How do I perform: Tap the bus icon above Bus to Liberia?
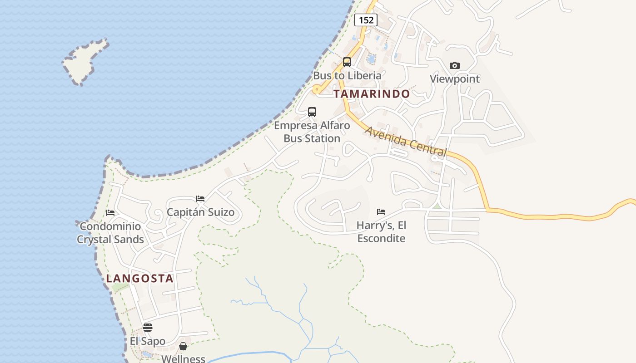[347, 62]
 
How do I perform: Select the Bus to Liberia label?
[347, 75]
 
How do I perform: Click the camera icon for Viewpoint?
[454, 66]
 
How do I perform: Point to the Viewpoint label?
[455, 78]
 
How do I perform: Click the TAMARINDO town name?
[372, 94]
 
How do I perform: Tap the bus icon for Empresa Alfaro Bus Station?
[312, 112]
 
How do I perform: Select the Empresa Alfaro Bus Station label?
[312, 132]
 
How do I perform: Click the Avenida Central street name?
[406, 141]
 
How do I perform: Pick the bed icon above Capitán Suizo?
[200, 199]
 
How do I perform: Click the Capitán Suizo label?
[200, 212]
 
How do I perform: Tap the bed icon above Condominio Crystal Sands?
[110, 212]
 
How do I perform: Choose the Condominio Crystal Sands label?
[110, 233]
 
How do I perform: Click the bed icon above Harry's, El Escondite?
[381, 212]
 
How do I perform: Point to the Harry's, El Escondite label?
[381, 231]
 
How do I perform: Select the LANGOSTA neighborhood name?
[140, 279]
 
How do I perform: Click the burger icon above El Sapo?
[148, 328]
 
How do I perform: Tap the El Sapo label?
[148, 341]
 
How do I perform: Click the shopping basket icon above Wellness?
[183, 346]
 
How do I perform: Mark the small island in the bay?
[84, 61]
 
